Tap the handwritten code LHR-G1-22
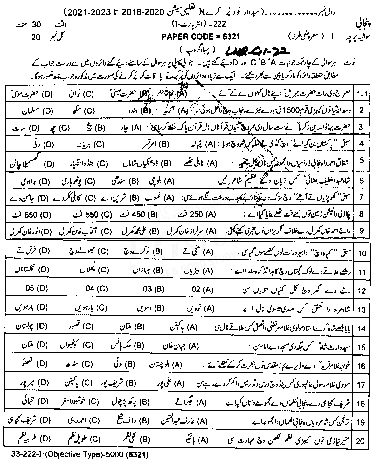point(258,50)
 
